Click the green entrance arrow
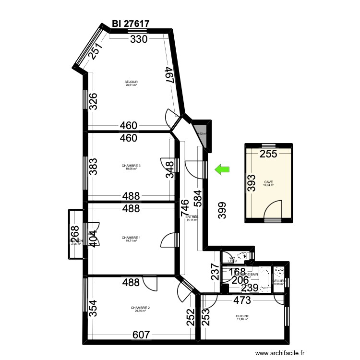click(222, 168)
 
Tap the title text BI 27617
click(131, 23)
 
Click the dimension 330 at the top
click(140, 40)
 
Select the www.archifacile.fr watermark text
click(280, 353)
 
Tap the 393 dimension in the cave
click(252, 182)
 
